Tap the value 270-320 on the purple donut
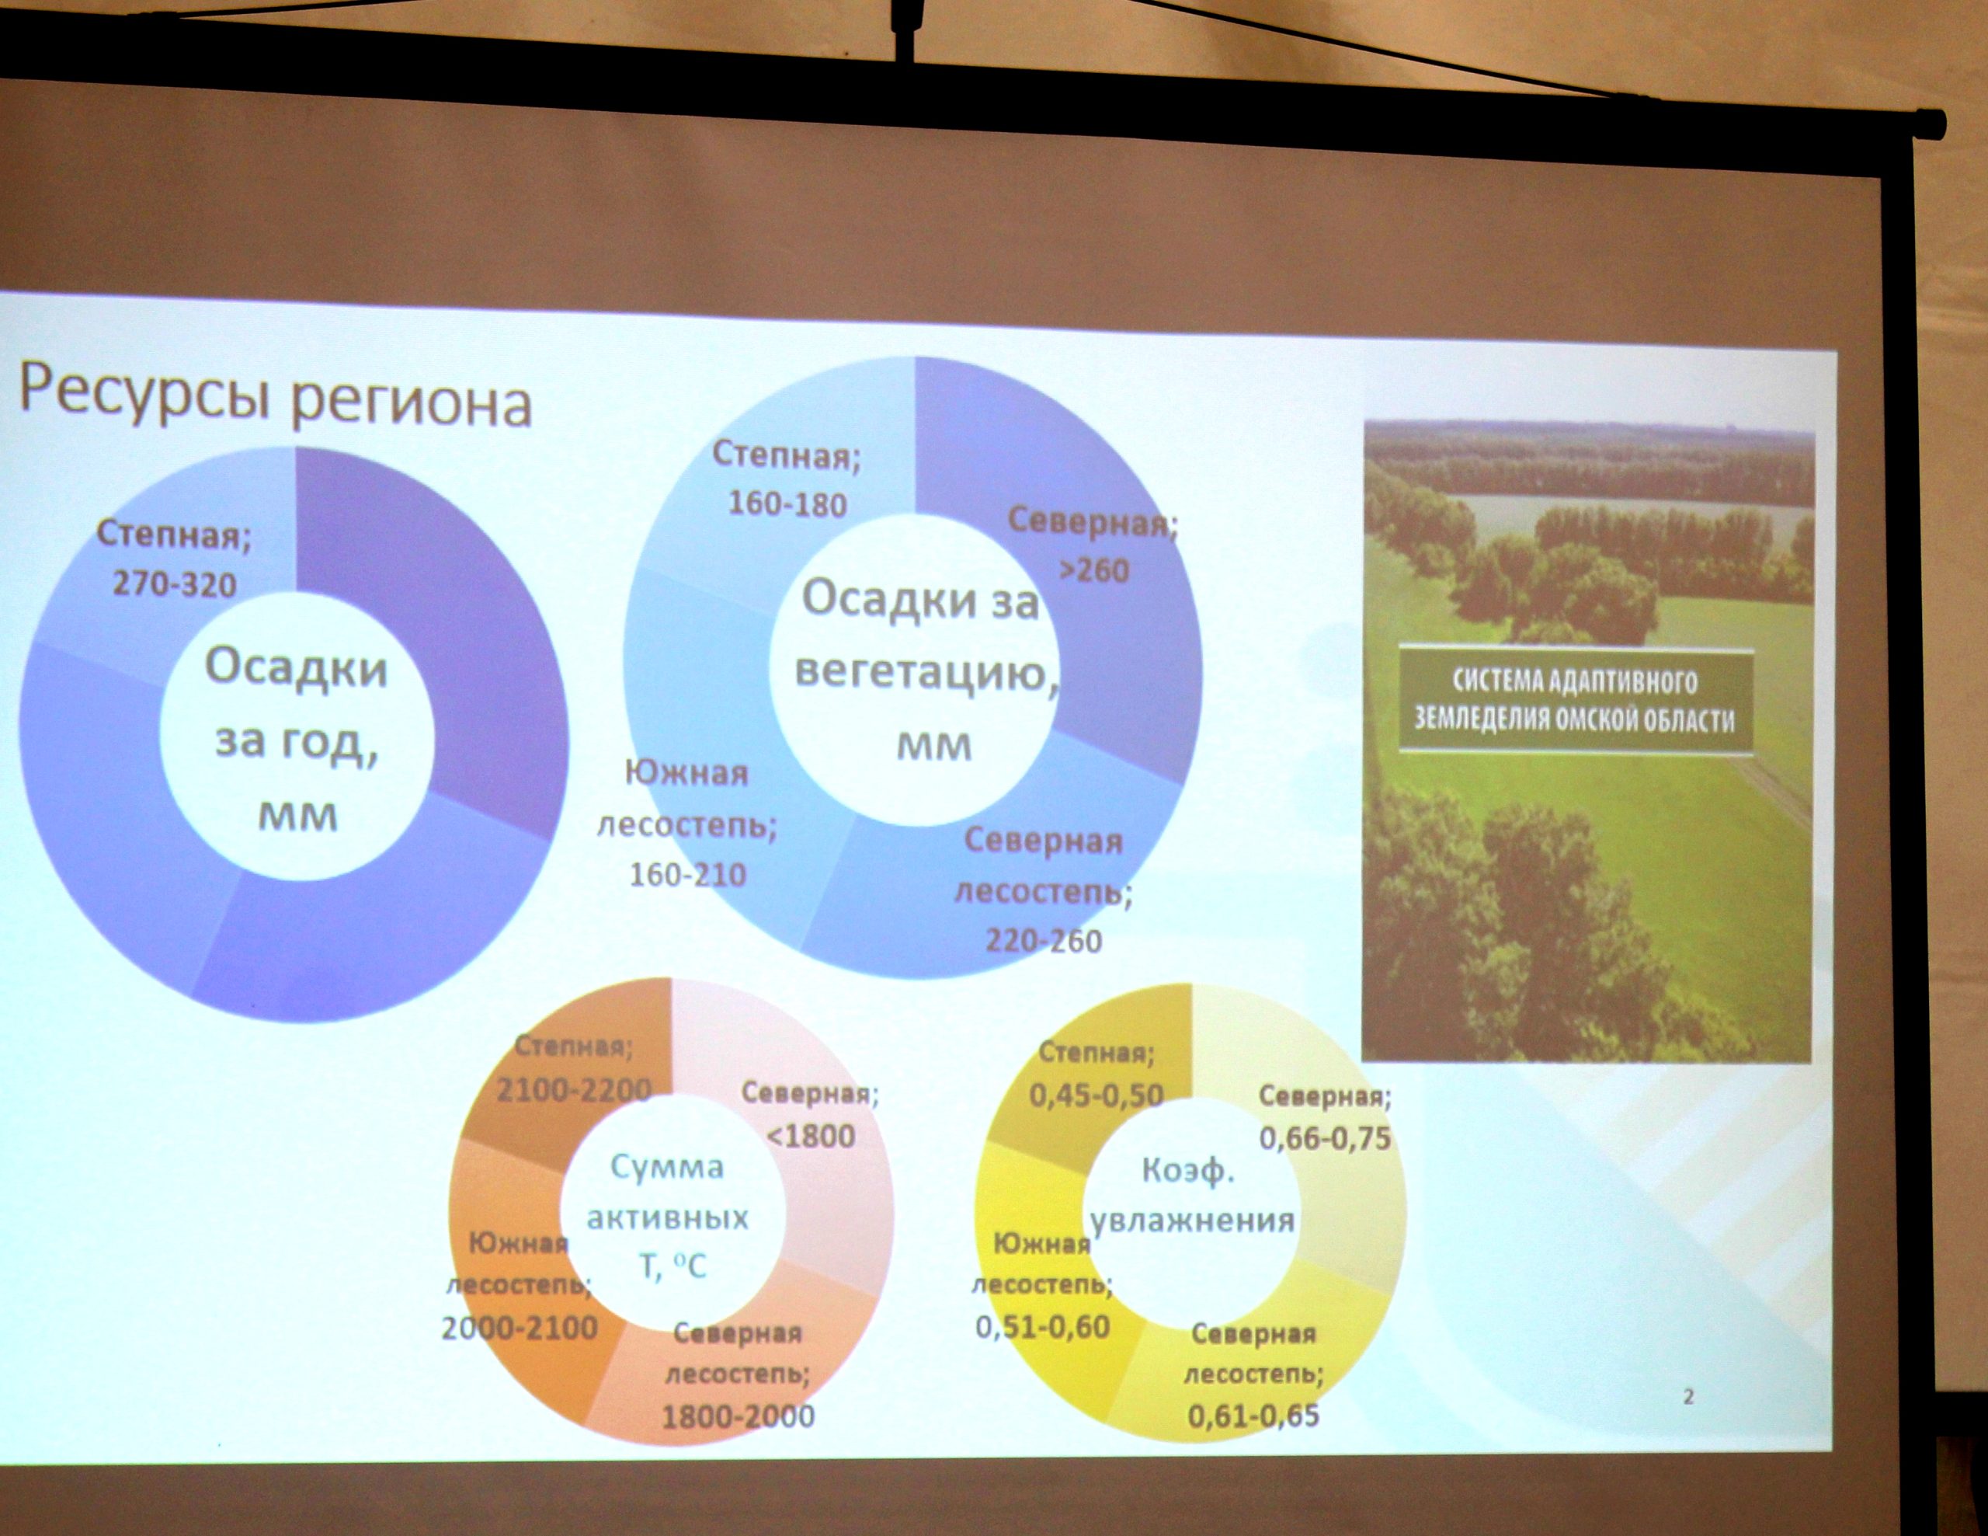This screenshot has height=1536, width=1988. (174, 583)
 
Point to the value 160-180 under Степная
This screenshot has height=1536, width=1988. (787, 503)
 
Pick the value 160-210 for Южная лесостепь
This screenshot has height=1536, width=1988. (687, 874)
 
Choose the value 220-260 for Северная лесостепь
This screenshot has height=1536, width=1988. (1043, 939)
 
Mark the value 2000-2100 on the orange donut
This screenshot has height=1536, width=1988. (520, 1329)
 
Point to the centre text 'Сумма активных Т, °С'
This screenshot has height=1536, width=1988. (668, 1217)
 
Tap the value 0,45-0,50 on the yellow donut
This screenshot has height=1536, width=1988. (1097, 1095)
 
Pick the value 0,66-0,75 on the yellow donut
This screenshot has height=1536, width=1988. (1326, 1137)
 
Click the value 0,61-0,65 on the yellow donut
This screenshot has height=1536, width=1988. (1253, 1416)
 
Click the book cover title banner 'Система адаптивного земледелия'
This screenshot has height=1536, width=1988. (1575, 700)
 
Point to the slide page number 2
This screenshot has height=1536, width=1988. (1688, 1397)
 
